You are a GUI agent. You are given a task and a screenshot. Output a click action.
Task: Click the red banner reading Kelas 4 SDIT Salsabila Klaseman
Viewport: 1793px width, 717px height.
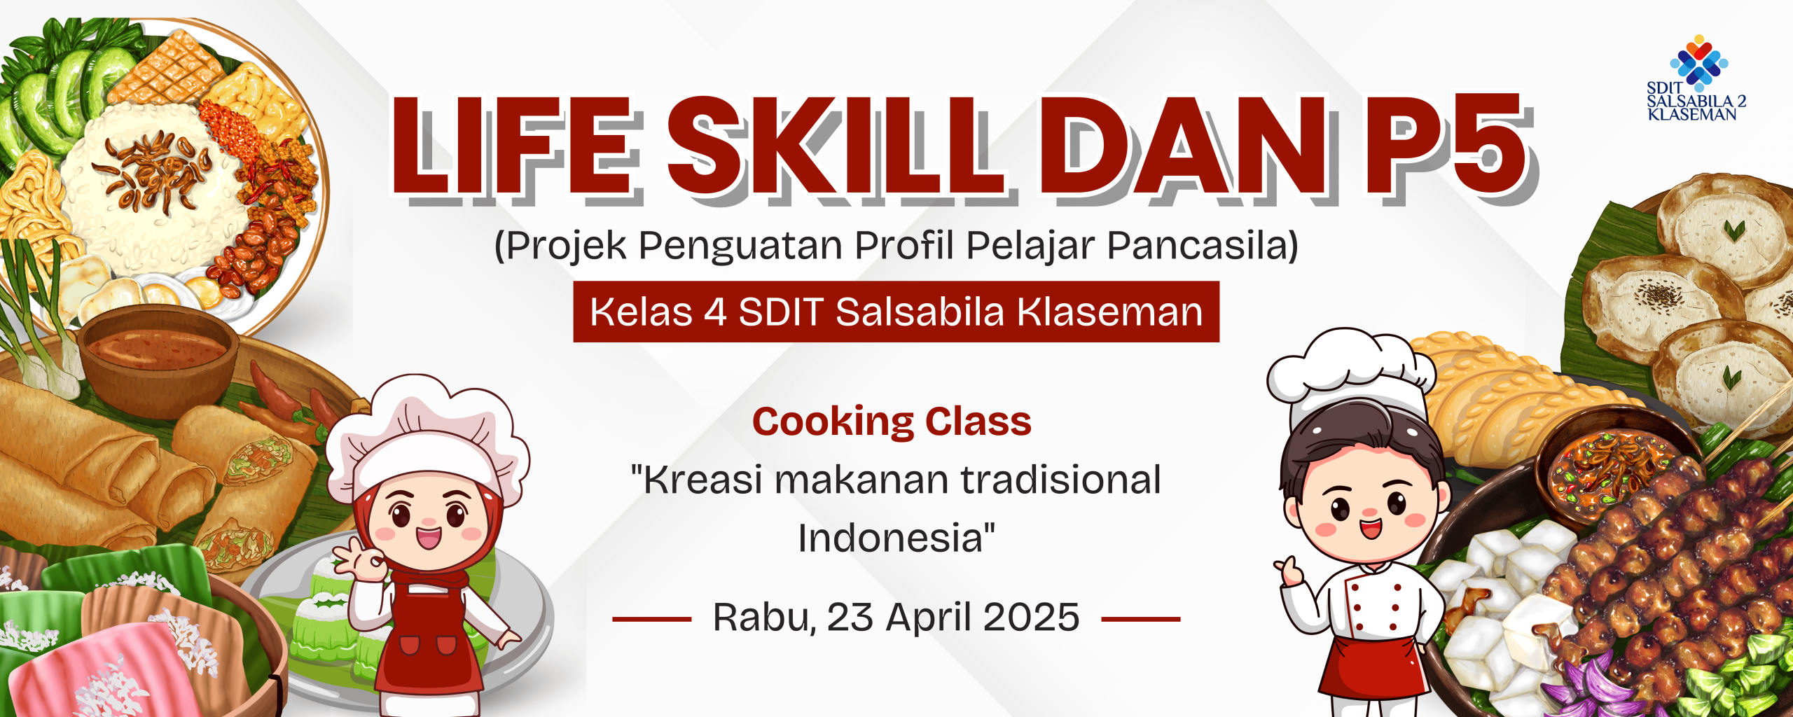coord(896,312)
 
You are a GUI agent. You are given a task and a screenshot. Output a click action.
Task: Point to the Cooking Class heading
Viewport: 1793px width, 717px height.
coord(892,422)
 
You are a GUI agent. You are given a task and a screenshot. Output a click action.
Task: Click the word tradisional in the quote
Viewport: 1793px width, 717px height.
coord(1060,480)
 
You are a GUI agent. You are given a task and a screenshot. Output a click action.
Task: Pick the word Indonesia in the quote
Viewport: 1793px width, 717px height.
coord(891,538)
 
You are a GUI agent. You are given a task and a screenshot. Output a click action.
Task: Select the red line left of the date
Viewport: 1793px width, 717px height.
coord(651,619)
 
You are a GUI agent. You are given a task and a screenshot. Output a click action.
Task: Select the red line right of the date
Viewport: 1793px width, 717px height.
coord(1140,619)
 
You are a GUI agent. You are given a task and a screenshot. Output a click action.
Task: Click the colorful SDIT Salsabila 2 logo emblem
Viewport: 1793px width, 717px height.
coord(1698,63)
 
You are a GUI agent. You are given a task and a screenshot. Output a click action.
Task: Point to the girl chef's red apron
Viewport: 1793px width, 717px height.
coord(429,637)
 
